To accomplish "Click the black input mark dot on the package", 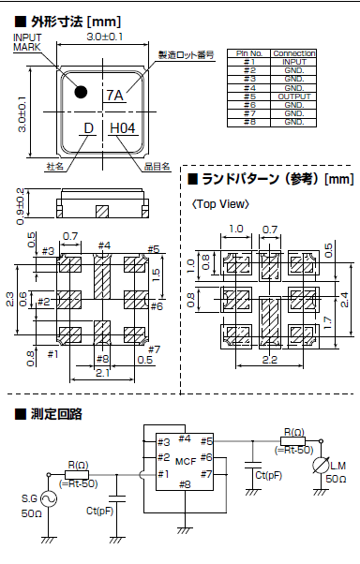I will [x=82, y=92].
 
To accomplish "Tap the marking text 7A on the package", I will [x=115, y=96].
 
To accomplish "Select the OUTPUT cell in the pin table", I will [x=293, y=96].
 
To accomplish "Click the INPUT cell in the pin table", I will [x=293, y=62].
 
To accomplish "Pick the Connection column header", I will [x=293, y=53].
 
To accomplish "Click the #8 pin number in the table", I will [x=249, y=123].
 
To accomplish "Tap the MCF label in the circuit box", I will [x=185, y=460].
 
